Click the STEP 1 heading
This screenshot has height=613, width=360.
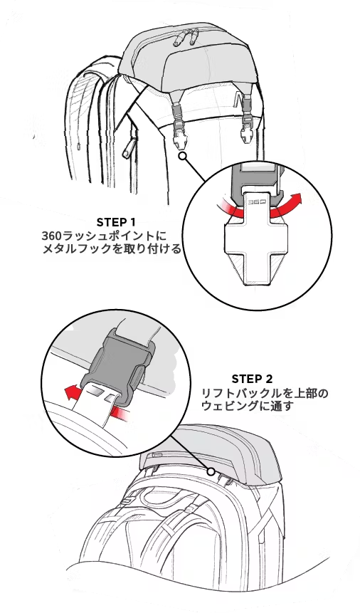[116, 222]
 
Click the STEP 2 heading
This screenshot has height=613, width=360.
[252, 379]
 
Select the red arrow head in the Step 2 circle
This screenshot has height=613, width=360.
[70, 392]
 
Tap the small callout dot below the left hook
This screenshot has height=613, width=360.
[183, 157]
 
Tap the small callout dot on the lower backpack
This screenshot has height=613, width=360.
[211, 471]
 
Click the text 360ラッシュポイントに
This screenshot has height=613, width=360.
[104, 236]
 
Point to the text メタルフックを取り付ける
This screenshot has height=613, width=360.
[112, 249]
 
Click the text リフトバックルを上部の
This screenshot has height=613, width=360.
[265, 393]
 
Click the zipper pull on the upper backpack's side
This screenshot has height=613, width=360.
[128, 149]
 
